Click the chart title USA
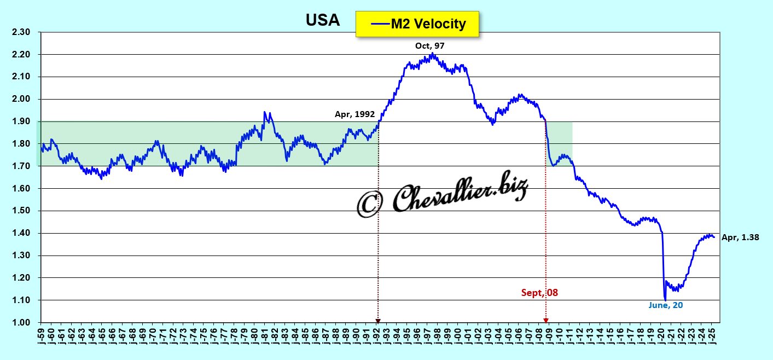(322, 21)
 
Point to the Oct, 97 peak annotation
(429, 46)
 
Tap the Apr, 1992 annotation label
(354, 114)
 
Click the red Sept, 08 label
(539, 293)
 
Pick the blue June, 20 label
(666, 305)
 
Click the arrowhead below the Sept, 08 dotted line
(545, 321)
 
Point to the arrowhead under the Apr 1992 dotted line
(377, 321)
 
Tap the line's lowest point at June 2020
(665, 299)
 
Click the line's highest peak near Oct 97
(432, 54)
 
